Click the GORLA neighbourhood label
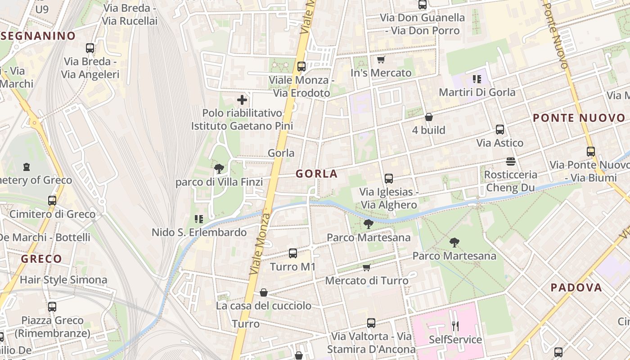[316, 174]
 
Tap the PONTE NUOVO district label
[579, 118]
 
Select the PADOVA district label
[576, 288]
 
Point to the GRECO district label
[41, 259]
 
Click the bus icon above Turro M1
[293, 253]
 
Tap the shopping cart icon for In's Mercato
[381, 60]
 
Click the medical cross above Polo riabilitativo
[242, 100]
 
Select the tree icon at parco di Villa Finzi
[219, 169]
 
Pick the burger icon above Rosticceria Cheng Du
[510, 161]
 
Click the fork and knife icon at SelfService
[455, 326]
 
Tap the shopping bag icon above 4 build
[429, 117]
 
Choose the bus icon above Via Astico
[499, 130]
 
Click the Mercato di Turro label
[366, 281]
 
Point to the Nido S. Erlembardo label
[199, 232]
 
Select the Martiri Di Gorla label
[477, 92]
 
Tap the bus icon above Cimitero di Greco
[52, 201]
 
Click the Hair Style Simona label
[63, 280]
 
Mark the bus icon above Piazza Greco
[52, 307]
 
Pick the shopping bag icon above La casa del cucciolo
[264, 293]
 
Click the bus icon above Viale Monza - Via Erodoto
[301, 67]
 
